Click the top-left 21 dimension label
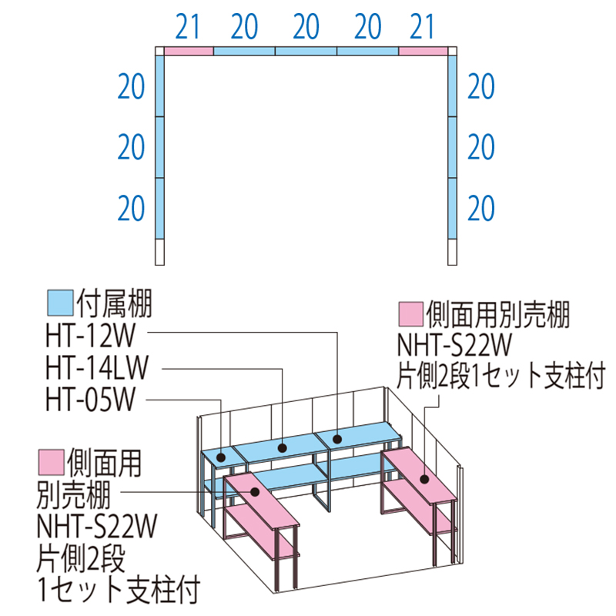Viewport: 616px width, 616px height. (188, 28)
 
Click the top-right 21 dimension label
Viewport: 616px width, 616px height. (423, 28)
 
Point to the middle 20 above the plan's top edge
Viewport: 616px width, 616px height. (306, 28)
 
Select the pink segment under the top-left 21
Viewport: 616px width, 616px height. (189, 51)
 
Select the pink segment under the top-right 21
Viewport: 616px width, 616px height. (423, 51)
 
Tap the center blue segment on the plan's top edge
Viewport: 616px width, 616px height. (306, 51)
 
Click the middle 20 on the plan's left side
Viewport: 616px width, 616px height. (132, 146)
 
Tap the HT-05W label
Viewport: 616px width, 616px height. (91, 400)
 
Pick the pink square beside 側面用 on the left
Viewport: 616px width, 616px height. (50, 462)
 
